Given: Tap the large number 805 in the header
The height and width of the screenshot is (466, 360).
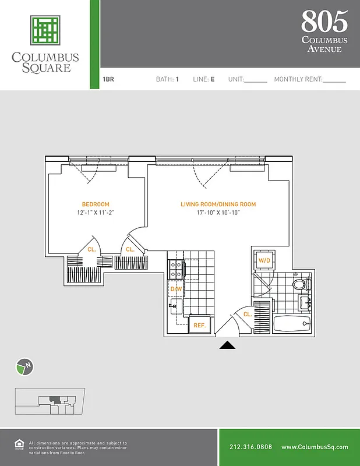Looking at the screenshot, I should tap(324, 22).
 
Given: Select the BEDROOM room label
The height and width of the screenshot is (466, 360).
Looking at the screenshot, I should tap(96, 204).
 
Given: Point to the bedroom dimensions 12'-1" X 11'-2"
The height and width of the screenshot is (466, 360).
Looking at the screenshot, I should tap(96, 213).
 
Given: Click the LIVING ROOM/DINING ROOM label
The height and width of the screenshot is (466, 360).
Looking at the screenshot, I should tap(218, 204).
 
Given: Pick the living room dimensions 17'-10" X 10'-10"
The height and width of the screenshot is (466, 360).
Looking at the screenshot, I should tap(218, 213).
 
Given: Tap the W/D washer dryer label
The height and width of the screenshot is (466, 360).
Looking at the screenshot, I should tap(264, 260).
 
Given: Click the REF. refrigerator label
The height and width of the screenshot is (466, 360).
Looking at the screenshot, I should tap(199, 326).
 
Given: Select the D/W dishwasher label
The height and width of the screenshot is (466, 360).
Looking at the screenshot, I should tap(176, 289).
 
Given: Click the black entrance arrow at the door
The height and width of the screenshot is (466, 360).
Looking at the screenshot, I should tap(227, 345).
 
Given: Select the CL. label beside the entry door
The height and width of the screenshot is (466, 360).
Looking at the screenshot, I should tap(248, 314).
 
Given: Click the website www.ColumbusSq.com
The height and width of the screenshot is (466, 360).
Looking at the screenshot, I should tap(315, 447).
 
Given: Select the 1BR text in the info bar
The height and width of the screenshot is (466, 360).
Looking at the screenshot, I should tap(108, 79).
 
